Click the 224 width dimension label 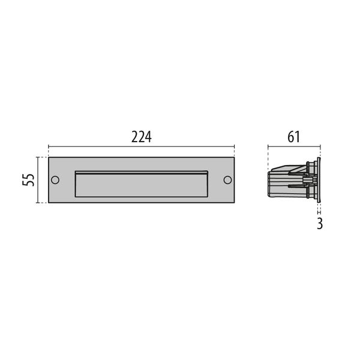[x=141, y=136]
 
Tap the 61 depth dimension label [x=294, y=136]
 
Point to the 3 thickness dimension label [x=320, y=224]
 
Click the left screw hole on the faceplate [x=55, y=180]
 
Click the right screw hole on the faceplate [x=227, y=180]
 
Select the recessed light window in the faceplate [x=141, y=185]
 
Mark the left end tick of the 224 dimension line [x=49, y=146]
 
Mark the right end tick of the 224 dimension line [x=234, y=146]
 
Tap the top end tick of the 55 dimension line [x=38, y=157]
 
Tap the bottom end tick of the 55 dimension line [x=38, y=203]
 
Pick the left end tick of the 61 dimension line [x=268, y=146]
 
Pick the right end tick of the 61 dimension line [x=320, y=146]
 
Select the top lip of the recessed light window [x=141, y=172]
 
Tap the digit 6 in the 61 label [x=290, y=136]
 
